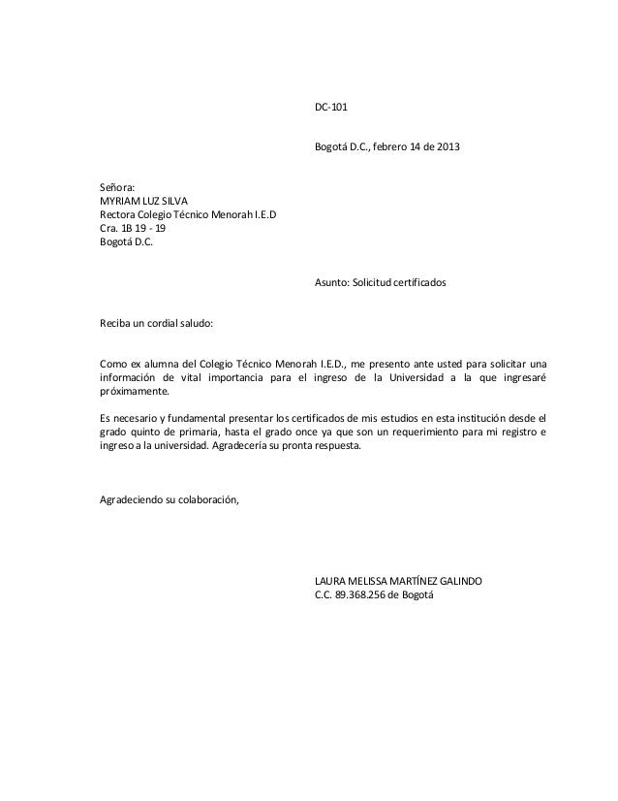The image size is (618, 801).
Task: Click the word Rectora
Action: pos(120,214)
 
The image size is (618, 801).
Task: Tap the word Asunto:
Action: pos(334,282)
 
